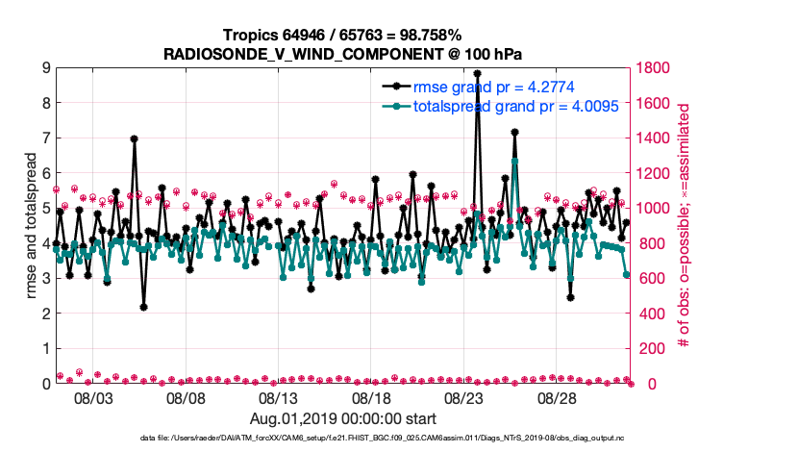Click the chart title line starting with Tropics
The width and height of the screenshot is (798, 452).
tap(342, 36)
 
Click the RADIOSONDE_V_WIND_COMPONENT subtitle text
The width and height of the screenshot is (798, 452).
tap(342, 53)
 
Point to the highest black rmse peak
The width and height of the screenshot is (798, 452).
tap(478, 73)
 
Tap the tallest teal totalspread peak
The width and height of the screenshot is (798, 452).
tap(515, 161)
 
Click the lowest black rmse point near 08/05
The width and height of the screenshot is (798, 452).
tap(143, 307)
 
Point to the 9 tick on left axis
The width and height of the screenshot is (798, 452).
tap(45, 68)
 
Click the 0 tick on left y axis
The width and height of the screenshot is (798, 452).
tap(45, 384)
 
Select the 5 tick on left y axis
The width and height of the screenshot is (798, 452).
tap(45, 209)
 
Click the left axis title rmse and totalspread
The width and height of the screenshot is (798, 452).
tap(31, 225)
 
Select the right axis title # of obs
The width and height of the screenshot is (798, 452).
tap(685, 225)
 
